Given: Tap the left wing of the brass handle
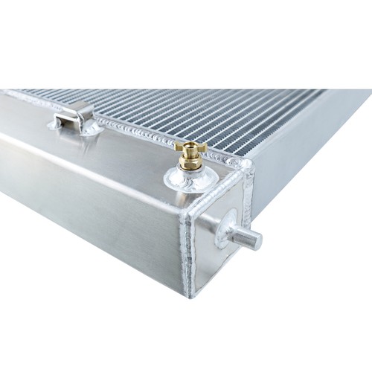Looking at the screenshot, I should tap(180, 147).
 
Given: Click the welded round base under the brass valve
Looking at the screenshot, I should tap(190, 178).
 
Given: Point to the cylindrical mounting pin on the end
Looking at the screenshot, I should tap(246, 237).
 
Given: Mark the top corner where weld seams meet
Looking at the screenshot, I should tap(240, 164).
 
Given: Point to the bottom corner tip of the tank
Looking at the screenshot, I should tap(191, 295).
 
